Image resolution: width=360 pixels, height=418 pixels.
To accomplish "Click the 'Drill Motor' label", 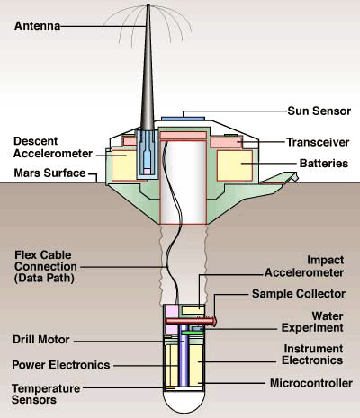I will click(44, 339).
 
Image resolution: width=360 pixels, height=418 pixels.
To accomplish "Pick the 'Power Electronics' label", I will click(60, 365).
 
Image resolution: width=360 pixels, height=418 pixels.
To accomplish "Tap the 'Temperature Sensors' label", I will click(49, 393).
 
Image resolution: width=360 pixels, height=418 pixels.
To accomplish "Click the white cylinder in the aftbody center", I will click(184, 180).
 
